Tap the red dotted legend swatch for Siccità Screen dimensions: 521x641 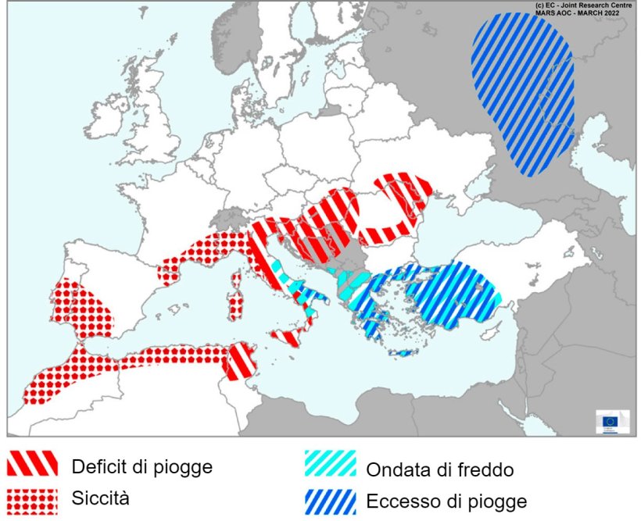click(x=33, y=500)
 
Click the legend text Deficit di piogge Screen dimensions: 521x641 click(x=141, y=467)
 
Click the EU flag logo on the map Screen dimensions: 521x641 click(x=611, y=422)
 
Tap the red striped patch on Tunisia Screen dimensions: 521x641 click(x=239, y=360)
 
